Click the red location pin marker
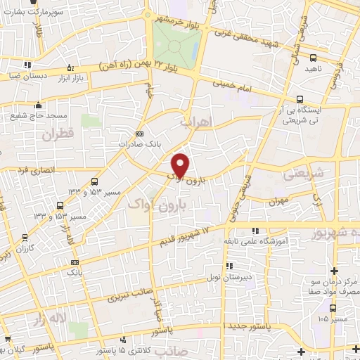(181, 165)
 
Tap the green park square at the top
(176, 41)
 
